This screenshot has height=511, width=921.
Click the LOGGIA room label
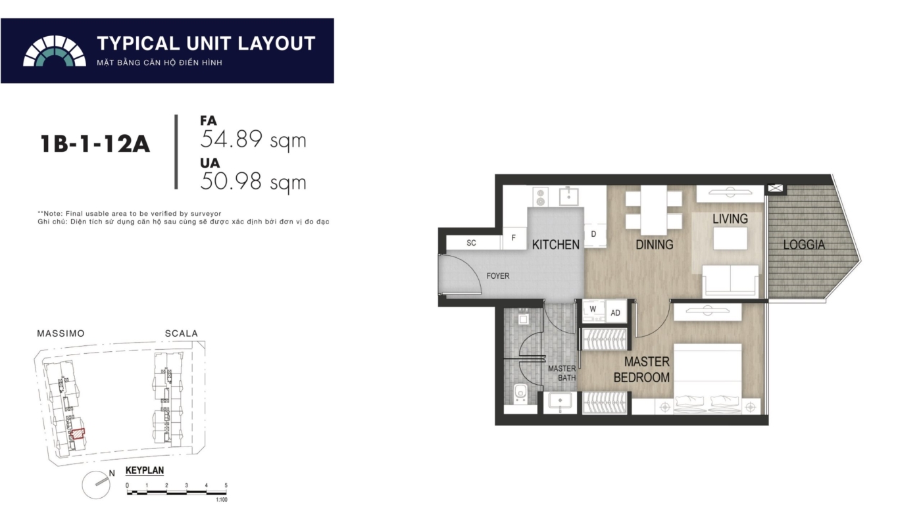(x=804, y=245)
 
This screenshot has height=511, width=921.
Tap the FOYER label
(x=497, y=276)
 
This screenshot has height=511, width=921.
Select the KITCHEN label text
(x=555, y=245)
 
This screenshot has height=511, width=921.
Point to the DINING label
(x=654, y=245)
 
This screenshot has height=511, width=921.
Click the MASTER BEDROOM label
(x=641, y=369)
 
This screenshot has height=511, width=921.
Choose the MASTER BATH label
(x=562, y=373)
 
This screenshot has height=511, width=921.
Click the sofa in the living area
(x=730, y=281)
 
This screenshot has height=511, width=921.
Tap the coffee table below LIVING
(x=730, y=239)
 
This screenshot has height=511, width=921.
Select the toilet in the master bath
(x=520, y=394)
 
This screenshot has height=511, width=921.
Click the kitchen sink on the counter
(x=568, y=197)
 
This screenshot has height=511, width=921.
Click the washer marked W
(x=593, y=310)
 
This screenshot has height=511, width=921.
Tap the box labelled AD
(x=616, y=313)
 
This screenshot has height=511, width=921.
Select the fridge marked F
(x=514, y=238)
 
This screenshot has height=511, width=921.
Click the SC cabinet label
(x=471, y=243)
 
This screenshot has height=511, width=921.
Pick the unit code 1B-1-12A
(x=95, y=144)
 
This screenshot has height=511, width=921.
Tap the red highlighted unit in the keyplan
(x=78, y=433)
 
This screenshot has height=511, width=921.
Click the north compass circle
(x=96, y=485)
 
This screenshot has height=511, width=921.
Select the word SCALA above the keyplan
(x=182, y=333)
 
